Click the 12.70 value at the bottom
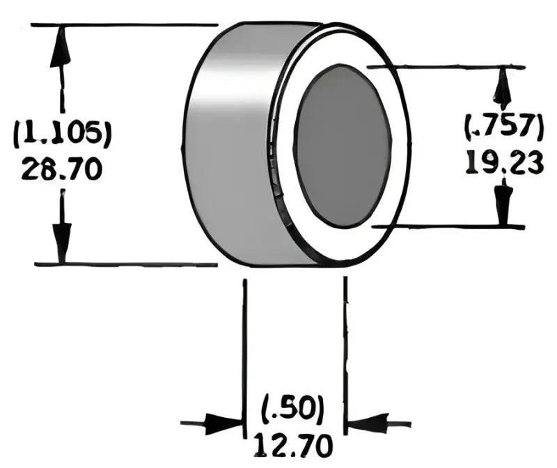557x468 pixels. [x=293, y=444]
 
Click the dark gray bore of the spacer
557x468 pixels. [x=342, y=146]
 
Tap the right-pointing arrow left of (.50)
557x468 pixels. [x=223, y=423]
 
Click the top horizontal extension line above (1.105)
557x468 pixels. [x=125, y=25]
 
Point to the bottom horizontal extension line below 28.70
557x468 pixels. [x=125, y=265]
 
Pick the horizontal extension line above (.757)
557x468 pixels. [x=446, y=67]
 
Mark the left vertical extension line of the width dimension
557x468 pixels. [x=244, y=348]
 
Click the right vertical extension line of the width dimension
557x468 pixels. [x=345, y=348]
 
